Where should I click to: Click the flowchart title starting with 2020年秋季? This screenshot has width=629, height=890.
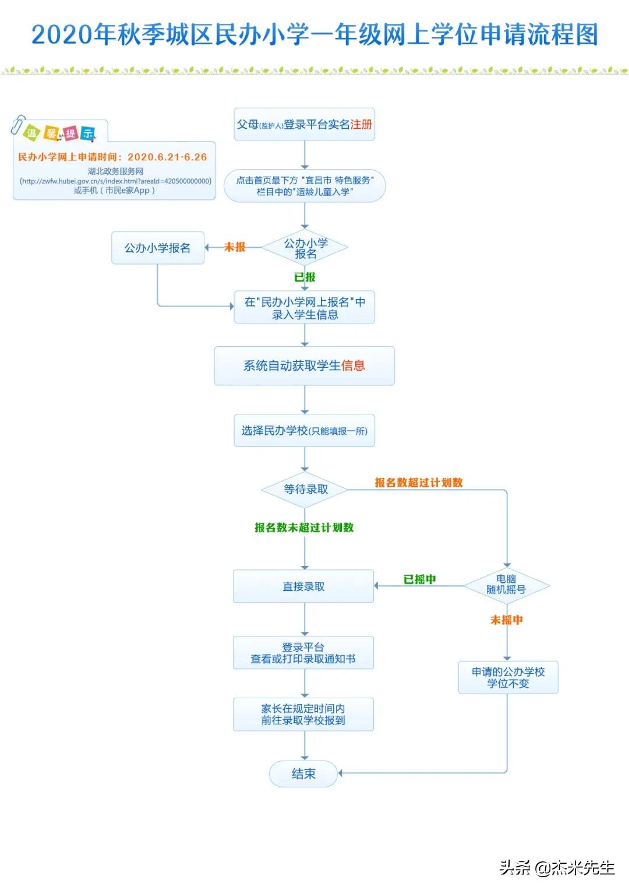point(314,35)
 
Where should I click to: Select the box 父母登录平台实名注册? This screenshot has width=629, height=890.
point(304,124)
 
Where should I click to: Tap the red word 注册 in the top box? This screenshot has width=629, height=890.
point(361,124)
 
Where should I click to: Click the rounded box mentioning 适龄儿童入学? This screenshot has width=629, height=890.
point(304,186)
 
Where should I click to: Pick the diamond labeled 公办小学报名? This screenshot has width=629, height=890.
point(305,248)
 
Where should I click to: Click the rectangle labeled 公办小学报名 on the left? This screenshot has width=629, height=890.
point(157,248)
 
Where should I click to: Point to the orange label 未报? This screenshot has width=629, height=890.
point(235,247)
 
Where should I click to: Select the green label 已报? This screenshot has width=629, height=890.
point(305,277)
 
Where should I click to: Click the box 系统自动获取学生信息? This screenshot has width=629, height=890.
point(304,365)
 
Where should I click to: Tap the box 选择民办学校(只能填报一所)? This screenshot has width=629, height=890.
point(304,431)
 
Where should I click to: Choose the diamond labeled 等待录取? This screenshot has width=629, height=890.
point(305,490)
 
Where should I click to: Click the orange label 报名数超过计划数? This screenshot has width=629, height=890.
point(418,483)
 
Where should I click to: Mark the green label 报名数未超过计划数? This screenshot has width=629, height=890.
point(304,527)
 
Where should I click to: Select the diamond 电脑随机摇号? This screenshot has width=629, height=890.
point(506,585)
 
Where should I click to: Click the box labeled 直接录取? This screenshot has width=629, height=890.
point(303,586)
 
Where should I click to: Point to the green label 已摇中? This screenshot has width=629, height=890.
point(419,579)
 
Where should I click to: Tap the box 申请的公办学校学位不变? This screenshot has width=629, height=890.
point(508,677)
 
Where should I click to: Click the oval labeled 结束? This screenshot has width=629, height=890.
point(303,774)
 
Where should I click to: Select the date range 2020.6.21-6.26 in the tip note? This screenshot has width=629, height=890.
point(167,157)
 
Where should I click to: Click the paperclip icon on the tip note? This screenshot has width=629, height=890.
point(18,124)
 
